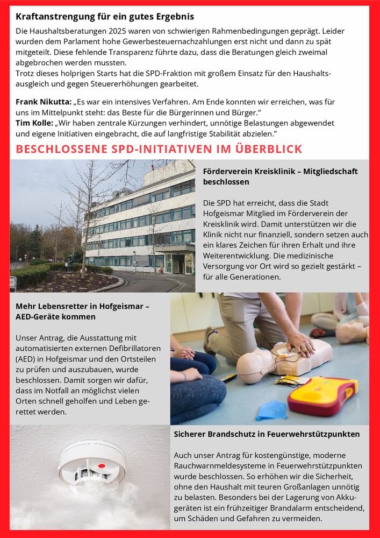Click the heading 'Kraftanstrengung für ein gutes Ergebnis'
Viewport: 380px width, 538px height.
(x=105, y=17)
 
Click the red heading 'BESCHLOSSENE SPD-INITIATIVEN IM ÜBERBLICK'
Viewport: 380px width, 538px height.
(x=159, y=150)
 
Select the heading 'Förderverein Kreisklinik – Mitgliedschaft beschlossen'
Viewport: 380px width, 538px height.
(x=279, y=176)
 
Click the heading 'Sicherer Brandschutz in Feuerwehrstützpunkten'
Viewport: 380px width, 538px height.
(x=267, y=434)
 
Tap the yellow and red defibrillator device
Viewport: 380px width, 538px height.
(x=322, y=395)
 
